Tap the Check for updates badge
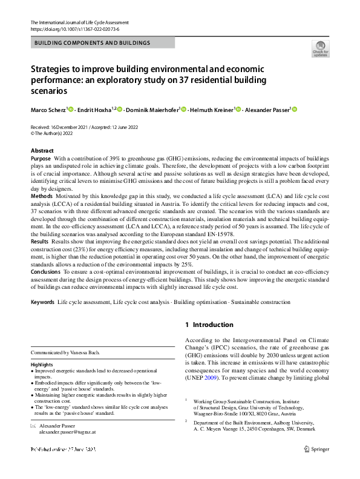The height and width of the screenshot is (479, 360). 320,50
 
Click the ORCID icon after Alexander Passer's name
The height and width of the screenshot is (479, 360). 296,109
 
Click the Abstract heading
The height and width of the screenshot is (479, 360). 42,151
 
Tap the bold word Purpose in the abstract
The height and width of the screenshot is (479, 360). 41,158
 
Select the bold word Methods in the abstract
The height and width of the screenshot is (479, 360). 41,197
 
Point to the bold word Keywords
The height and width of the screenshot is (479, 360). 42,302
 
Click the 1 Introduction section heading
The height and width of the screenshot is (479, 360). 210,325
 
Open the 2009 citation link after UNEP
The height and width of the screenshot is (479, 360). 210,377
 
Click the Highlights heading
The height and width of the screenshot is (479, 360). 43,365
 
